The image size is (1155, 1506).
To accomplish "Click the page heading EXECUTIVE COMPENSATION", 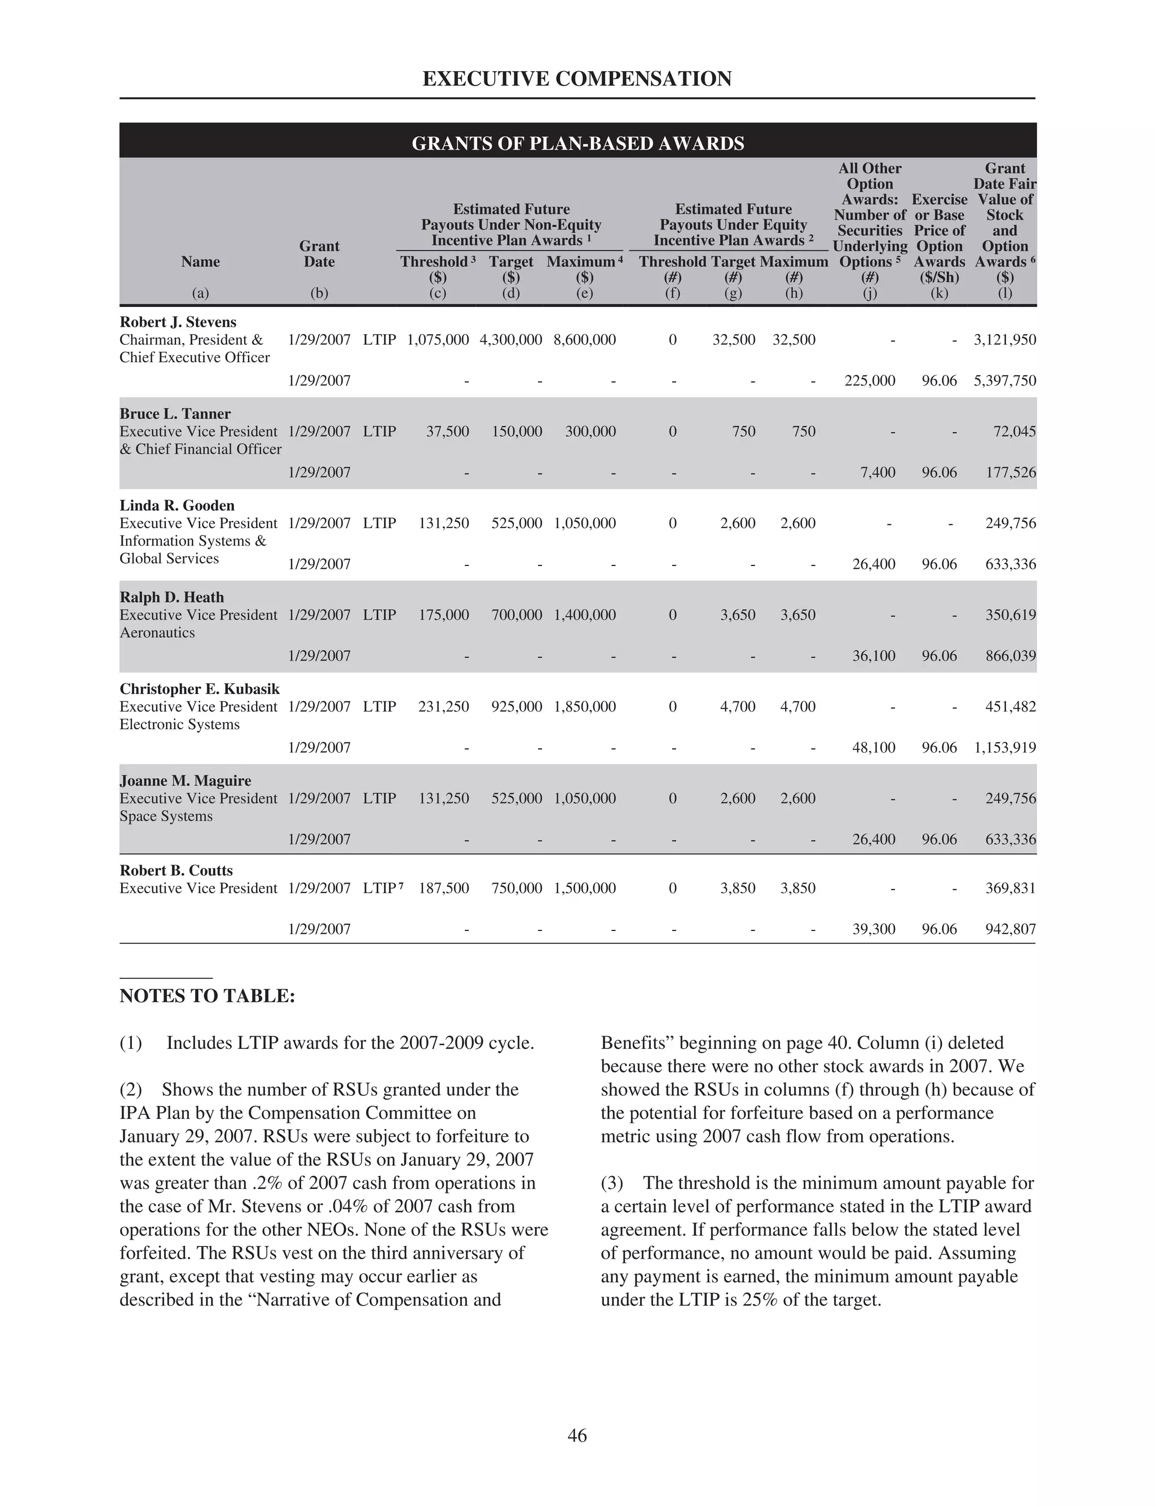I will click(x=577, y=79).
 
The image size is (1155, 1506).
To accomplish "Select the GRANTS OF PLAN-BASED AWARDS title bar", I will click(x=577, y=143).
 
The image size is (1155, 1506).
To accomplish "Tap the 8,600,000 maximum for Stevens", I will click(x=584, y=340).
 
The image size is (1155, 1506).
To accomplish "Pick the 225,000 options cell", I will click(x=870, y=381).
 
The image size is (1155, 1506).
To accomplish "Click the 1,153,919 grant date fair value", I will click(x=1004, y=748).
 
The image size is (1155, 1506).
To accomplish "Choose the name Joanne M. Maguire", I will click(x=186, y=780).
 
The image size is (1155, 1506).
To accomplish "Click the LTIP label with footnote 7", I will click(x=382, y=888).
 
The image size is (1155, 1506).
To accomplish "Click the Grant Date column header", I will click(x=319, y=254).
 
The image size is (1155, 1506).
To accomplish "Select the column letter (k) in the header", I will click(x=939, y=293).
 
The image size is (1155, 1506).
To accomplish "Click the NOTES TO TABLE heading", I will click(x=207, y=996).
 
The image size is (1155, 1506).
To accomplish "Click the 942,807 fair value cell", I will click(x=1010, y=929).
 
